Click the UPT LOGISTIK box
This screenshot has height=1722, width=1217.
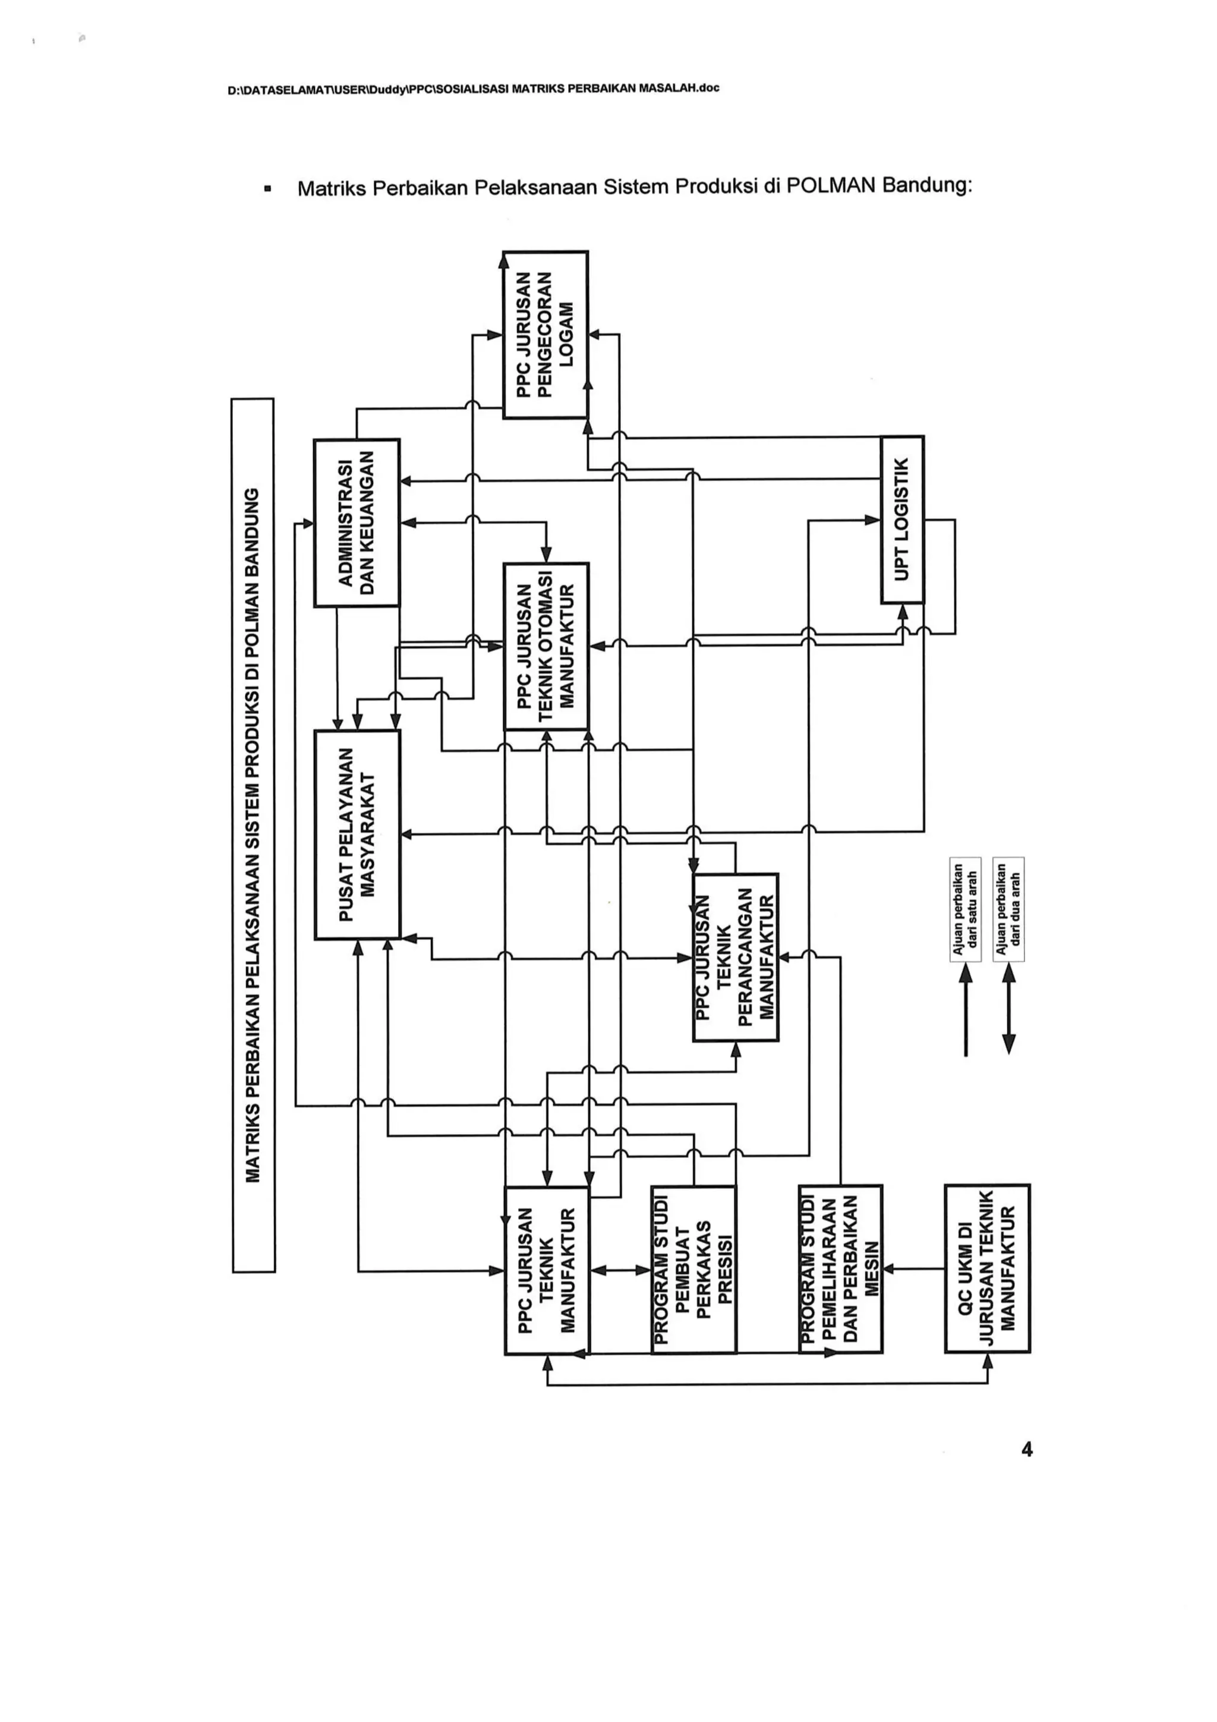[x=902, y=519]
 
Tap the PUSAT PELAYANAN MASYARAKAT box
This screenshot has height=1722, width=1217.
[x=357, y=834]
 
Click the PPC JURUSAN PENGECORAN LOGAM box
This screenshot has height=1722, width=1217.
[x=545, y=335]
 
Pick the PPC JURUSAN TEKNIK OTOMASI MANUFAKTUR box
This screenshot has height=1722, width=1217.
[x=546, y=647]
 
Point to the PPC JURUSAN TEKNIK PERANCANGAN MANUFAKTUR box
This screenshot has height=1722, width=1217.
[x=736, y=957]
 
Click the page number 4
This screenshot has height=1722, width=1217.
[x=1026, y=1450]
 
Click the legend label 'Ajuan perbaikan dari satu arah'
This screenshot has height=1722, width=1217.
[x=965, y=909]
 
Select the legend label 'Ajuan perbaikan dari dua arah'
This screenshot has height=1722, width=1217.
[x=1008, y=909]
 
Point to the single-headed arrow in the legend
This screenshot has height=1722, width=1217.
[x=966, y=1009]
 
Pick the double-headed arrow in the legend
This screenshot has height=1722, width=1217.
[x=1008, y=1009]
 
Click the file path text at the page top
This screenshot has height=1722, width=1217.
[x=473, y=89]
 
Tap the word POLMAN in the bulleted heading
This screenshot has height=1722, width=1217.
[x=830, y=185]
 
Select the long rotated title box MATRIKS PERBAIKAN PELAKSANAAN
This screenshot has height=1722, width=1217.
[x=254, y=835]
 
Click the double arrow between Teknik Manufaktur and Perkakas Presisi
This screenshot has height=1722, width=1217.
[x=621, y=1270]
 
